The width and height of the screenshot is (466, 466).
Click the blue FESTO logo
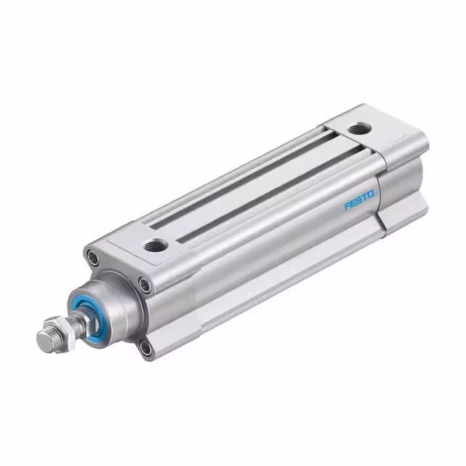pyautogui.click(x=359, y=200)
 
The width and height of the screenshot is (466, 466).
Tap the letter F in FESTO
pyautogui.click(x=347, y=206)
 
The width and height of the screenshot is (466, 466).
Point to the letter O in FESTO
pyautogui.click(x=371, y=193)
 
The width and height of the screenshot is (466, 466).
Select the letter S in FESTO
pyautogui.click(x=359, y=200)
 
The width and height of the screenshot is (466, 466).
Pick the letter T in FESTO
pyautogui.click(x=365, y=197)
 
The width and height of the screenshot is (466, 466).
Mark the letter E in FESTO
pyautogui.click(x=353, y=203)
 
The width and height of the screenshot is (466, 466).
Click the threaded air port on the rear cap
pyautogui.click(x=358, y=130)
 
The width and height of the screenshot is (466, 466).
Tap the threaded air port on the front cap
pyautogui.click(x=155, y=245)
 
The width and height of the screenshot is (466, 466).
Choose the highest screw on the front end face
pyautogui.click(x=92, y=256)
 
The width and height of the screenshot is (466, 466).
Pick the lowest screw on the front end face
pyautogui.click(x=146, y=347)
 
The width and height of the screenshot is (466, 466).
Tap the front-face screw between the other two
pyautogui.click(x=145, y=285)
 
